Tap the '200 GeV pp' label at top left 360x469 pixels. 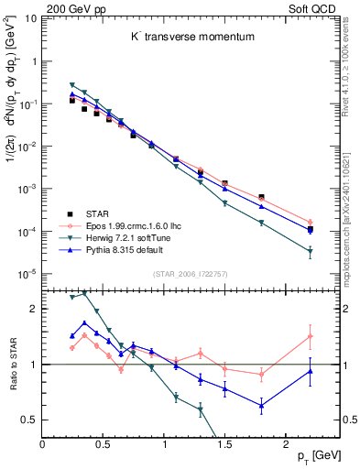[x=71, y=7]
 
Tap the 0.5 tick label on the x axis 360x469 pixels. [x=104, y=444]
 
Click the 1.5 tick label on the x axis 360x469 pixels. [x=225, y=444]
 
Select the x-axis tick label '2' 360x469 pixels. [x=287, y=444]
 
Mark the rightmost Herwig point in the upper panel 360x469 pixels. [x=311, y=251]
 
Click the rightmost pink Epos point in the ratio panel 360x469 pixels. [x=311, y=336]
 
